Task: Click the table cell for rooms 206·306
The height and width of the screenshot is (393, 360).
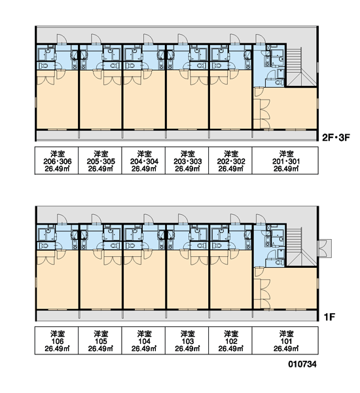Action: coord(56,160)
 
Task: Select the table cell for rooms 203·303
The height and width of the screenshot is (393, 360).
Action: coord(187,160)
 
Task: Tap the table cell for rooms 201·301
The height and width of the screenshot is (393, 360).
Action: coord(285,160)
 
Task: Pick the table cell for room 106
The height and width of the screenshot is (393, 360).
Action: coord(56,341)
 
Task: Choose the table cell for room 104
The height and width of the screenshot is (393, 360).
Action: coord(143,341)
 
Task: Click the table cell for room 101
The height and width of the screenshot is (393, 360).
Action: coord(285,341)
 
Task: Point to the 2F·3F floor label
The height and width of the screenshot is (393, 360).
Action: coord(336,138)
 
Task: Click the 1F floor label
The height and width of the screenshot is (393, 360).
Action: coord(329,317)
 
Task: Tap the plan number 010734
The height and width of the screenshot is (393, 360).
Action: coord(302,364)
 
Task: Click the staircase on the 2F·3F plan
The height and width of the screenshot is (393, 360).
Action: coord(301,67)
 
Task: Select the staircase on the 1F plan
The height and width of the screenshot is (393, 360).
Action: coord(301,247)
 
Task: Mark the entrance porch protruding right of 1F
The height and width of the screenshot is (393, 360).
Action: coord(325,248)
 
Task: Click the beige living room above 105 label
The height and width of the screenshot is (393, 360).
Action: coord(101,280)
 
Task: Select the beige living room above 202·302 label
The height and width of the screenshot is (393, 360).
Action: coord(231,100)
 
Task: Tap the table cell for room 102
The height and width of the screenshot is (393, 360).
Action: coord(230,341)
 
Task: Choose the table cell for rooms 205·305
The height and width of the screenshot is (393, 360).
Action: coord(100,160)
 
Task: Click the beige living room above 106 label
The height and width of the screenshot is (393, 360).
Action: coord(58,280)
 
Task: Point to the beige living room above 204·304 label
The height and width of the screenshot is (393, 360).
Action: coord(144,100)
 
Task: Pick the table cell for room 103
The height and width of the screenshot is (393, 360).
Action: coord(187,341)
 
